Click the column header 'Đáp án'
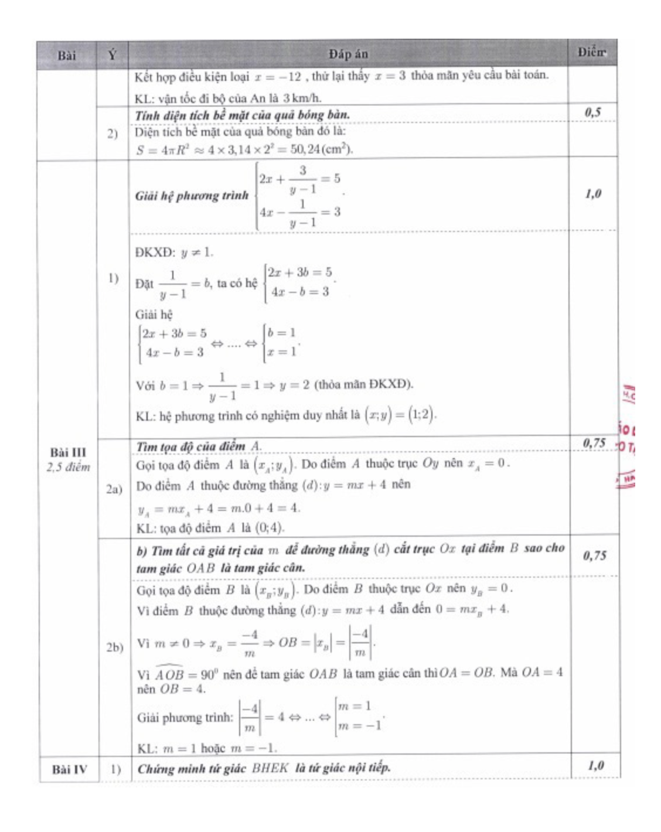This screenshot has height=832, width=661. tap(348, 54)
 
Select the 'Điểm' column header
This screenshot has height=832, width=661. tap(591, 53)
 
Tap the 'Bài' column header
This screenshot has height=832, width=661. tap(67, 56)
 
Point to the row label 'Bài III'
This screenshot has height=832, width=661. tap(68, 452)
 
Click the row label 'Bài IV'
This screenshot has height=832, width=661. tap(69, 769)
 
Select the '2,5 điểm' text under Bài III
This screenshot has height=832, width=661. tap(69, 467)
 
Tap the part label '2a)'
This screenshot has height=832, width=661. tap(114, 489)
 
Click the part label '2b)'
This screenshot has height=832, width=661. tap(115, 647)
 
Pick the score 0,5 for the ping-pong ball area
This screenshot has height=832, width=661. tap(592, 112)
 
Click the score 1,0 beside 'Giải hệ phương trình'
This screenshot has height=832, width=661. tap(593, 194)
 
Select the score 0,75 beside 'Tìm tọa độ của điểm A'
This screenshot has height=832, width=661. tap(594, 443)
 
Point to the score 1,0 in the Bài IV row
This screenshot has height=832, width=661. tap(595, 765)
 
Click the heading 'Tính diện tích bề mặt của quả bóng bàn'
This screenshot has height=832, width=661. tap(242, 115)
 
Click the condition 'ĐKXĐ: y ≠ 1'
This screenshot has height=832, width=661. tap(174, 253)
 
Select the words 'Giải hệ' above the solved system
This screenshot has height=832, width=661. tap(154, 315)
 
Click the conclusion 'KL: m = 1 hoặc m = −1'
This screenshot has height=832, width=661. tap(206, 748)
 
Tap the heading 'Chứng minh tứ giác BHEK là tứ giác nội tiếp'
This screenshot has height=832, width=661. tap(264, 768)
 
